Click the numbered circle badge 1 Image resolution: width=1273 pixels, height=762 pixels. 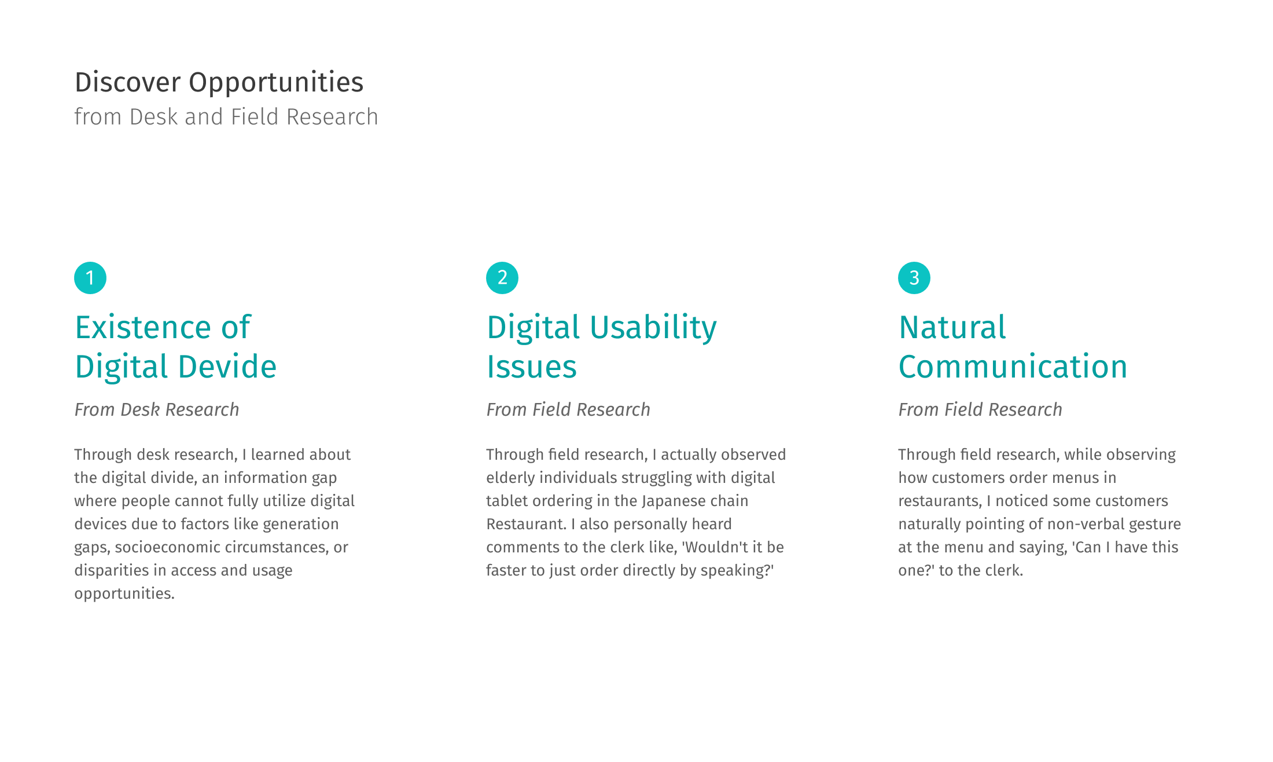[x=90, y=278]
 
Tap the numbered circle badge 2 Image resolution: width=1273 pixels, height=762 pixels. [x=502, y=278]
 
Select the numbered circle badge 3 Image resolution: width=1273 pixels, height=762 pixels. [x=914, y=278]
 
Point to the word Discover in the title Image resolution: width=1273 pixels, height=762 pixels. [x=128, y=82]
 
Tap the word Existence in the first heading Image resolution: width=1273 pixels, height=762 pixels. [x=144, y=327]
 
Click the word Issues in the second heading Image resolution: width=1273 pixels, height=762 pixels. [x=532, y=367]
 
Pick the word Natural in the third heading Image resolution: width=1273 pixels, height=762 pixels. [x=952, y=327]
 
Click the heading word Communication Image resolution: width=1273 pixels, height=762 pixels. [x=1013, y=367]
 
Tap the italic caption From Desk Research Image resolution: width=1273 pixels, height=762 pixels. [x=157, y=409]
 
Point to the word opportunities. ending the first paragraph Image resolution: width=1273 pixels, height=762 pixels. [x=124, y=594]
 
